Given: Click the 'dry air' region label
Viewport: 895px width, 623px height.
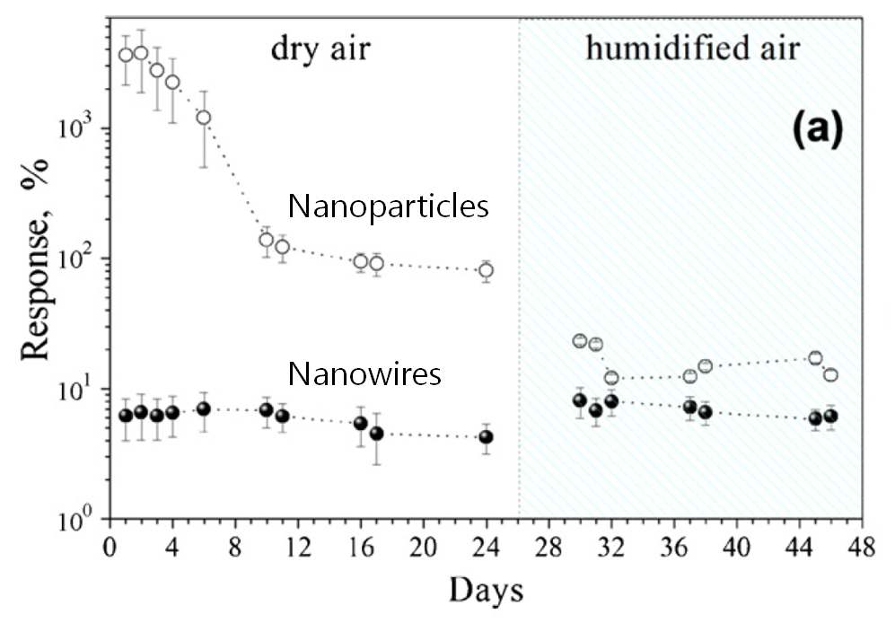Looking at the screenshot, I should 320,49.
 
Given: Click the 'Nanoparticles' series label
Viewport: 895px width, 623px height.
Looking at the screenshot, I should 388,207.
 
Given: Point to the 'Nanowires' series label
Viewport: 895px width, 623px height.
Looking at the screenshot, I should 364,373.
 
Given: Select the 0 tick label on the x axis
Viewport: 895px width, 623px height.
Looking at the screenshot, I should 110,546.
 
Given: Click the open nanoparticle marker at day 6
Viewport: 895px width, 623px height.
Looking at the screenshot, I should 204,118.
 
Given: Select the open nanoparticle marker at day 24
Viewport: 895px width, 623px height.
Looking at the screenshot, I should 486,270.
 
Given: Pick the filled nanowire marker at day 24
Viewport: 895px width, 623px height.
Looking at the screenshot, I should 486,437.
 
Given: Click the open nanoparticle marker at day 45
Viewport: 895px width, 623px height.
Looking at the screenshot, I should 815,358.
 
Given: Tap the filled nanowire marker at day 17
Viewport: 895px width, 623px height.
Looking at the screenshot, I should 376,434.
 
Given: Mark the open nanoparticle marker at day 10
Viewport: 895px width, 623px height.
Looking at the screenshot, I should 267,240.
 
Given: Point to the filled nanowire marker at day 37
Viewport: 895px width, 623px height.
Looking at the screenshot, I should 689,407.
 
